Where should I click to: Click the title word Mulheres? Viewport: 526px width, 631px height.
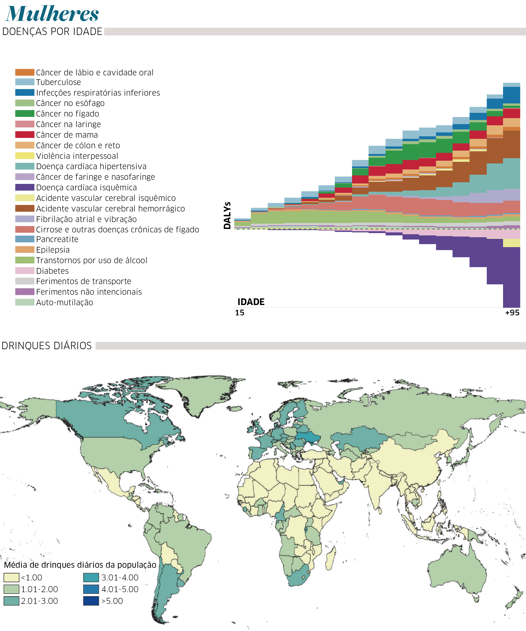pos(52,14)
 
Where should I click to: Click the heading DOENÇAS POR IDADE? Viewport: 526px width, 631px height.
pos(52,31)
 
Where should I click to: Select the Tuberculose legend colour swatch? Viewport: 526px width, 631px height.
pos(25,82)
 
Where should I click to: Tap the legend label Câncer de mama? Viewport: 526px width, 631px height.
pos(67,135)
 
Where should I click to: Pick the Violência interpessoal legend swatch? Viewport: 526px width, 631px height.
pos(25,156)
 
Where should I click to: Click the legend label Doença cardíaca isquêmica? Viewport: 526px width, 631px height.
pos(87,188)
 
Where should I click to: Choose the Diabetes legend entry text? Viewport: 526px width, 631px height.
pos(53,271)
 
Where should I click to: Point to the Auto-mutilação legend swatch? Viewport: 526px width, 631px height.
pos(25,302)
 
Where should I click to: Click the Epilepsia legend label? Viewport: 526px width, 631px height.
pos(53,250)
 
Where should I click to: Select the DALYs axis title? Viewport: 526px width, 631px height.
pos(227,215)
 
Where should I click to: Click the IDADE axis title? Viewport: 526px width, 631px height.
pos(251,302)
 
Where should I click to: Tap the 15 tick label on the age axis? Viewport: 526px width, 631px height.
pos(239,313)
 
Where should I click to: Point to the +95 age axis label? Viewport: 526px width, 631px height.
pos(512,313)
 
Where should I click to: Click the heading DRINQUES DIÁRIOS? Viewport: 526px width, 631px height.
pos(47,345)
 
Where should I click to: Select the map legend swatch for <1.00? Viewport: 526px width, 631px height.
pos(11,577)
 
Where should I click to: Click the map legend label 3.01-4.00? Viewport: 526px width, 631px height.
pos(120,577)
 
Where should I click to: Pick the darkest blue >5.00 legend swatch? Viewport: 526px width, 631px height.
pos(91,601)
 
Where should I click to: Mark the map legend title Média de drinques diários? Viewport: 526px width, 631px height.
pos(80,565)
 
